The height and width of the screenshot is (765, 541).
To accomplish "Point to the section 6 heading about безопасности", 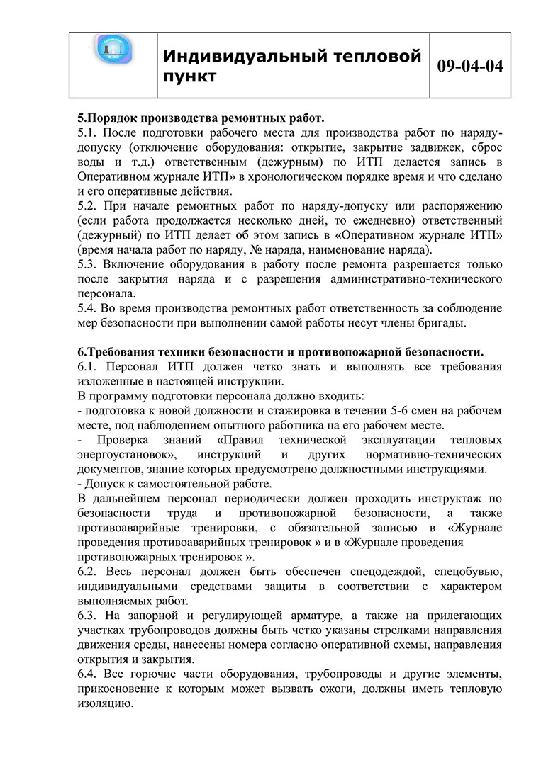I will tap(280, 352).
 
